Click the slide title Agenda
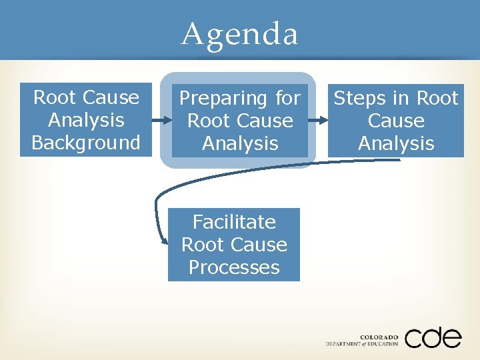[240, 33]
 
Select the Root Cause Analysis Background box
[86, 120]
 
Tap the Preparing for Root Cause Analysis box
[240, 121]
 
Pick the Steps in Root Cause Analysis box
[396, 121]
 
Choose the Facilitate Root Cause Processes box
[234, 245]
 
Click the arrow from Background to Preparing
[162, 121]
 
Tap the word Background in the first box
[86, 143]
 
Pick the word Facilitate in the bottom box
[234, 222]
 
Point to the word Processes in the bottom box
[234, 267]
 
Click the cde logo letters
[433, 337]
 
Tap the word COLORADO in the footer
[379, 337]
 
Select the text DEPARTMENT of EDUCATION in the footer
[362, 344]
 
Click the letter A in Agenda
[193, 33]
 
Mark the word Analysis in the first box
[86, 121]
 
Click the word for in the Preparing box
[287, 99]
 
